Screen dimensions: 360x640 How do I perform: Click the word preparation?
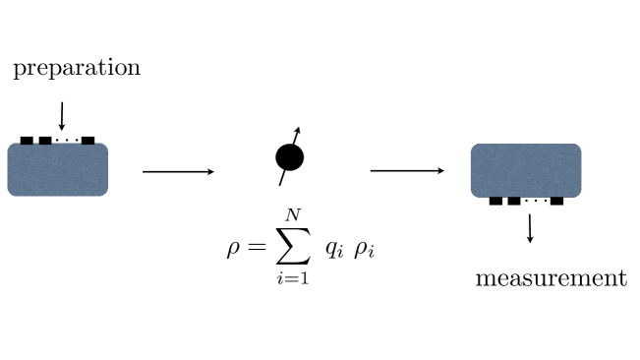(77, 69)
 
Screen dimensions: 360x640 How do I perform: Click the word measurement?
(551, 278)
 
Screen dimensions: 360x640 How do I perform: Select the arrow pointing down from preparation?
(62, 116)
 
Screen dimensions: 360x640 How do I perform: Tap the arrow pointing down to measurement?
(531, 228)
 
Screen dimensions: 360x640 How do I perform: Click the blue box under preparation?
(57, 169)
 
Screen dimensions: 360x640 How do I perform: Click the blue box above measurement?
(526, 170)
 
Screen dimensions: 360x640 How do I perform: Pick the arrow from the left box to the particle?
(178, 172)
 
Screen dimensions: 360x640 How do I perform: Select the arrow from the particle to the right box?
(407, 171)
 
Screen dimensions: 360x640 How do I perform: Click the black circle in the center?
(289, 157)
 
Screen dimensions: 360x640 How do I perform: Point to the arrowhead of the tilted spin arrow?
(298, 131)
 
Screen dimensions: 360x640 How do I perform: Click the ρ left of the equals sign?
(233, 248)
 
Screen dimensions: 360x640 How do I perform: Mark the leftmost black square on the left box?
(27, 141)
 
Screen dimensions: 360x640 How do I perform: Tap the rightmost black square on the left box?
(87, 141)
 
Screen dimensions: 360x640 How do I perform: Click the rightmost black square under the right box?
(556, 201)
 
